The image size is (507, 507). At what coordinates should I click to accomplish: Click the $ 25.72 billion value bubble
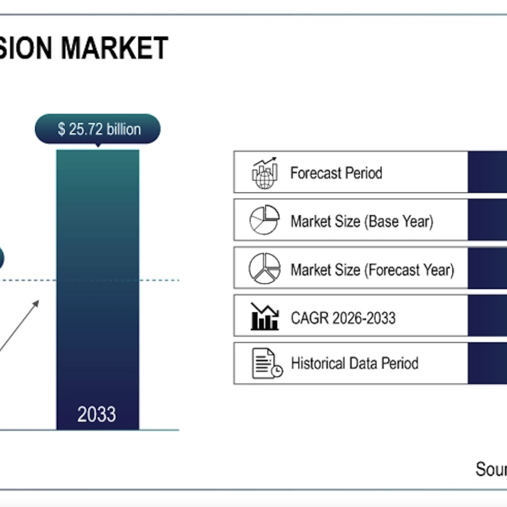97,129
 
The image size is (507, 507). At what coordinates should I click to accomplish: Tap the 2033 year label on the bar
97,414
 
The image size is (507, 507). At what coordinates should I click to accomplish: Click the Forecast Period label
336,173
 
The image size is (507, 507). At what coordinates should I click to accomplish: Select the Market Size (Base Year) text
361,221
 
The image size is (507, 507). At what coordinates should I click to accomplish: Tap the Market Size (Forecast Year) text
372,270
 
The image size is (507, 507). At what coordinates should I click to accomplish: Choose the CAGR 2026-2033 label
343,318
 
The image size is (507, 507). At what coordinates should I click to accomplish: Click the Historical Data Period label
354,363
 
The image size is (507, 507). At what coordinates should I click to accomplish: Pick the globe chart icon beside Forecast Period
264,173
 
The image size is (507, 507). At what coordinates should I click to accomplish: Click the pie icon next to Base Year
264,220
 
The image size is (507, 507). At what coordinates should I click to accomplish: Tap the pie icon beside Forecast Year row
264,269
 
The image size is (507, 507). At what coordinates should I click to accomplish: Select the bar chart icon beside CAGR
264,317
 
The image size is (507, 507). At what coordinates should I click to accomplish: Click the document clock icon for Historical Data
266,363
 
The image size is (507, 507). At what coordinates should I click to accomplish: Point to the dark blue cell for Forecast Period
487,172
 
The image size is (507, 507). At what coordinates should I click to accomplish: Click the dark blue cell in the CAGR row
487,316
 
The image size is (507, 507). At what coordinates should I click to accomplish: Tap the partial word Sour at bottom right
491,469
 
